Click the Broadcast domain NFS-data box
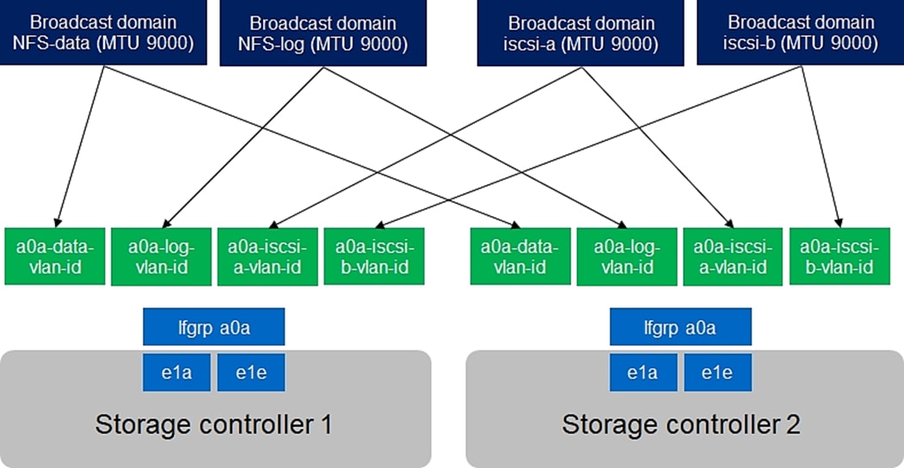(x=103, y=32)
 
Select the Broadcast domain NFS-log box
(x=323, y=33)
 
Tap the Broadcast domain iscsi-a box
(x=581, y=33)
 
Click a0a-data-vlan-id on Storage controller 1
(x=55, y=256)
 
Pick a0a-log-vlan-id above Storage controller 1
(x=161, y=256)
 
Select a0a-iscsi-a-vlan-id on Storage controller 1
(x=267, y=256)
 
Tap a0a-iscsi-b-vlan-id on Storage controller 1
(x=372, y=256)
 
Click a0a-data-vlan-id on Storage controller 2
(x=520, y=256)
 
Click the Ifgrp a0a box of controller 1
(x=213, y=327)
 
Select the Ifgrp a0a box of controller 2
(x=680, y=327)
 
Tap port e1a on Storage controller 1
(x=176, y=373)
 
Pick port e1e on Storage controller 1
(x=250, y=373)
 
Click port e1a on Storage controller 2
(x=643, y=373)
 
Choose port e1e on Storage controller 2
(x=717, y=373)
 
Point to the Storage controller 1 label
(x=213, y=423)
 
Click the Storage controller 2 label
(x=680, y=423)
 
